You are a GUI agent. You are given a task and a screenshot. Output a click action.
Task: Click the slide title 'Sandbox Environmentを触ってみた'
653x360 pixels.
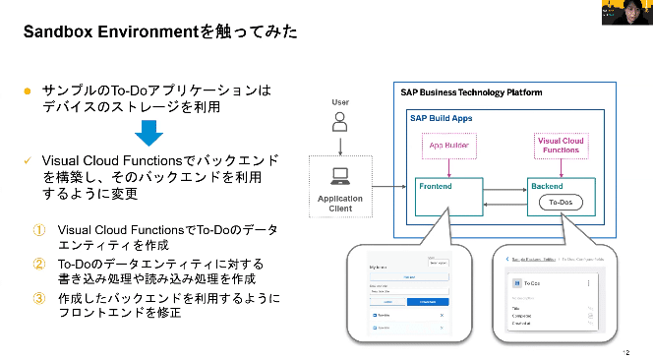161,32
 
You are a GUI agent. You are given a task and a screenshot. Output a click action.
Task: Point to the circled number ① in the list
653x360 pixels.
38,229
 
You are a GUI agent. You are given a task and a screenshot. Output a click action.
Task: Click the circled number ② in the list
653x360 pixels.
38,264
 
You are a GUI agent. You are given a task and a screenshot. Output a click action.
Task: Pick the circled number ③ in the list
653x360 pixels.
38,298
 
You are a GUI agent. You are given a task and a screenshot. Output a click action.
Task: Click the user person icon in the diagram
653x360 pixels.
340,121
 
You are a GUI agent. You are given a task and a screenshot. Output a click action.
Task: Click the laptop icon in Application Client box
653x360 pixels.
340,177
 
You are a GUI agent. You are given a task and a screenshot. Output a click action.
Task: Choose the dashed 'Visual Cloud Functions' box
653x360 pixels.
561,146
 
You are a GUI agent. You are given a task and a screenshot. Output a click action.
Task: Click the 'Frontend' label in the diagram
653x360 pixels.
435,185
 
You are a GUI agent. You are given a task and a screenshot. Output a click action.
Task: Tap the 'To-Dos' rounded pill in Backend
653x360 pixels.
559,204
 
